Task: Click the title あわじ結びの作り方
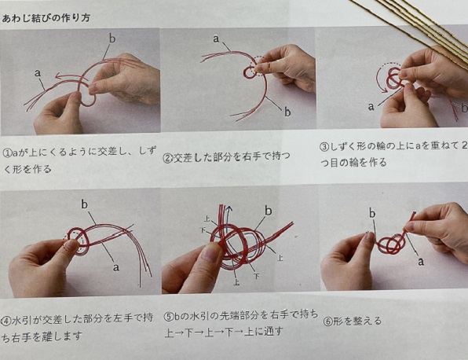(x=46, y=18)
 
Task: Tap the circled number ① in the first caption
(x=7, y=153)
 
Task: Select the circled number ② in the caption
(x=167, y=158)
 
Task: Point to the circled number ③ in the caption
(x=324, y=147)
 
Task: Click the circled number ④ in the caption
(x=6, y=321)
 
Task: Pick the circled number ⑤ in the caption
(x=169, y=316)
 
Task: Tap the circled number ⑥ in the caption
(x=327, y=321)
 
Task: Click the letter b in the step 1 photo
(x=112, y=39)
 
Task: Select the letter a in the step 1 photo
(x=38, y=73)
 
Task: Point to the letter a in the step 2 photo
(x=216, y=39)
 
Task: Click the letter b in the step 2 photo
(x=287, y=112)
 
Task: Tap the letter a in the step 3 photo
(x=371, y=106)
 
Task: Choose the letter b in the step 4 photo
(x=85, y=204)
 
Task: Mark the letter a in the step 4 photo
(x=116, y=266)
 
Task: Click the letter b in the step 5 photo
(x=269, y=211)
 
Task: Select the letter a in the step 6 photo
(x=421, y=262)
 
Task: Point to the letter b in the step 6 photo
(x=372, y=213)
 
